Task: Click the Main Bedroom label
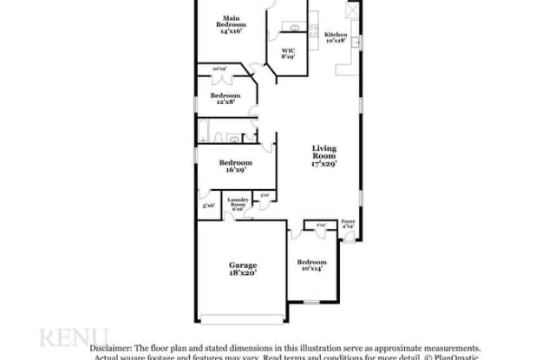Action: point(231,24)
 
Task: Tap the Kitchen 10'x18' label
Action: point(335,37)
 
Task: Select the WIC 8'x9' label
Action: point(289,55)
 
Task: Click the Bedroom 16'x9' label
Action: point(235,166)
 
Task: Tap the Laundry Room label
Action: point(238,205)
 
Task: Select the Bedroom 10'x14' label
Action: point(311,265)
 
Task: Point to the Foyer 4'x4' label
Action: point(348,224)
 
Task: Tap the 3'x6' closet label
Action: point(208,206)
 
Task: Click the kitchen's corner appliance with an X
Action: point(351,10)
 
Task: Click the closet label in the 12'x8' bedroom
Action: point(219,69)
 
